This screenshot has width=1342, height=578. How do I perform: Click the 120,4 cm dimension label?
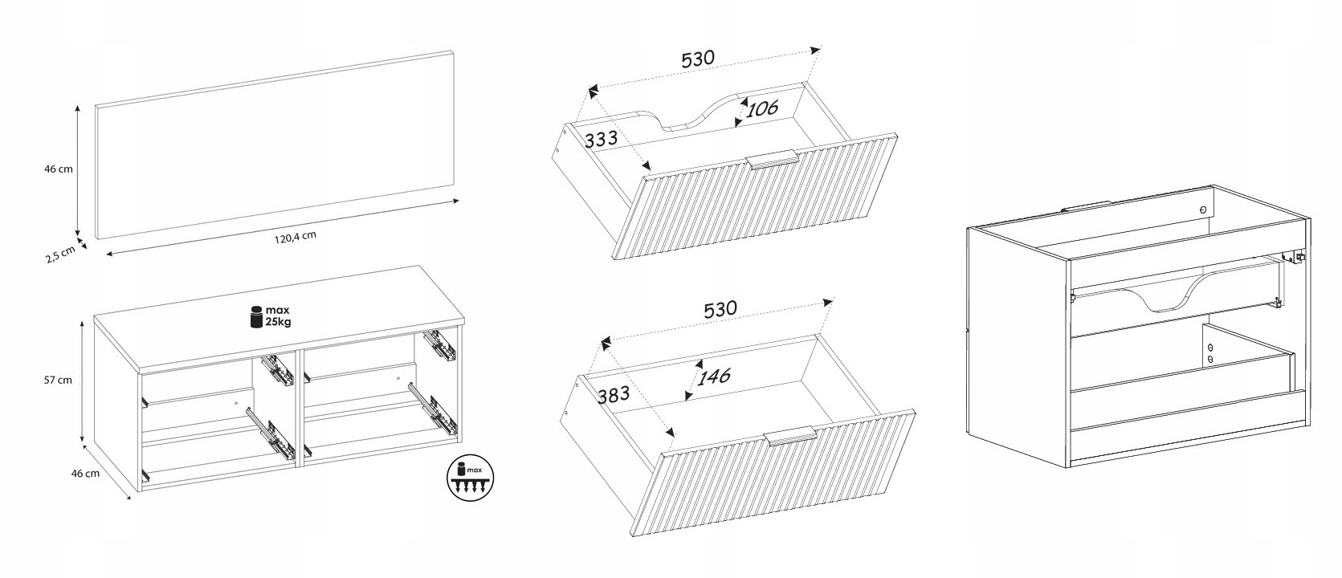[295, 237]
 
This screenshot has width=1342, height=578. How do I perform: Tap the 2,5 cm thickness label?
[60, 254]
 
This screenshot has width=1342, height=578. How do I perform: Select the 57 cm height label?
[58, 380]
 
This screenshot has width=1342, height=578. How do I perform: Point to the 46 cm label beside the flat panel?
[58, 169]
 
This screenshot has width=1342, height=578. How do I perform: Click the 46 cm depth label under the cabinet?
[85, 473]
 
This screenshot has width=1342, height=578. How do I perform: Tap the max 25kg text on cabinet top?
[278, 315]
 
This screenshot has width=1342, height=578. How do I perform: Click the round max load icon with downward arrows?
[471, 478]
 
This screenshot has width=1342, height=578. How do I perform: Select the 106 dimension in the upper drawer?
[762, 108]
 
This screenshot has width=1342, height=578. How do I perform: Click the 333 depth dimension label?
[601, 139]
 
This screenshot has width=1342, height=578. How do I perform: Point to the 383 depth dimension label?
[614, 393]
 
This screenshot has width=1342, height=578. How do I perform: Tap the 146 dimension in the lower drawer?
[714, 377]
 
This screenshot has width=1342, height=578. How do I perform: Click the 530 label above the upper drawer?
[698, 58]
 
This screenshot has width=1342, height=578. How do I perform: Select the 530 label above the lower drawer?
[720, 309]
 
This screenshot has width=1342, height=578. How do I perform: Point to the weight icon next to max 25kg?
[256, 316]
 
